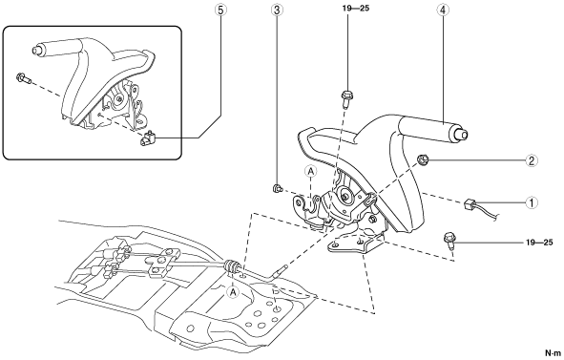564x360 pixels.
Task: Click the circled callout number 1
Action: (532, 202)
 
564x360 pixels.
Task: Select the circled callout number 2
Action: (532, 160)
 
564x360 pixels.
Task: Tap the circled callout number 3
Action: (277, 11)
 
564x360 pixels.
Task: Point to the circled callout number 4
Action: (443, 11)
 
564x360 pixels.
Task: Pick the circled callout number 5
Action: (220, 11)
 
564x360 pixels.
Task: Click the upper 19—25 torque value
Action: (356, 8)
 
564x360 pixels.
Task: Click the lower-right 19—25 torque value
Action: (539, 243)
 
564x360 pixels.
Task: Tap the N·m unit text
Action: (553, 352)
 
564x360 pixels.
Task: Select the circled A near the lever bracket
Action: (311, 172)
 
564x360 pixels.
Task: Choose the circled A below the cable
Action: (234, 292)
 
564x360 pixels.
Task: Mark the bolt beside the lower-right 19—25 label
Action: (449, 241)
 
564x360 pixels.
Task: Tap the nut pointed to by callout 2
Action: (422, 159)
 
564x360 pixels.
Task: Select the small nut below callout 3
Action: (277, 188)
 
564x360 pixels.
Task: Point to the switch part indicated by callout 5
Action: (147, 138)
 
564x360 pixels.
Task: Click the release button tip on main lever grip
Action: (463, 135)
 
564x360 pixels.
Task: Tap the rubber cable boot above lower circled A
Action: (230, 267)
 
